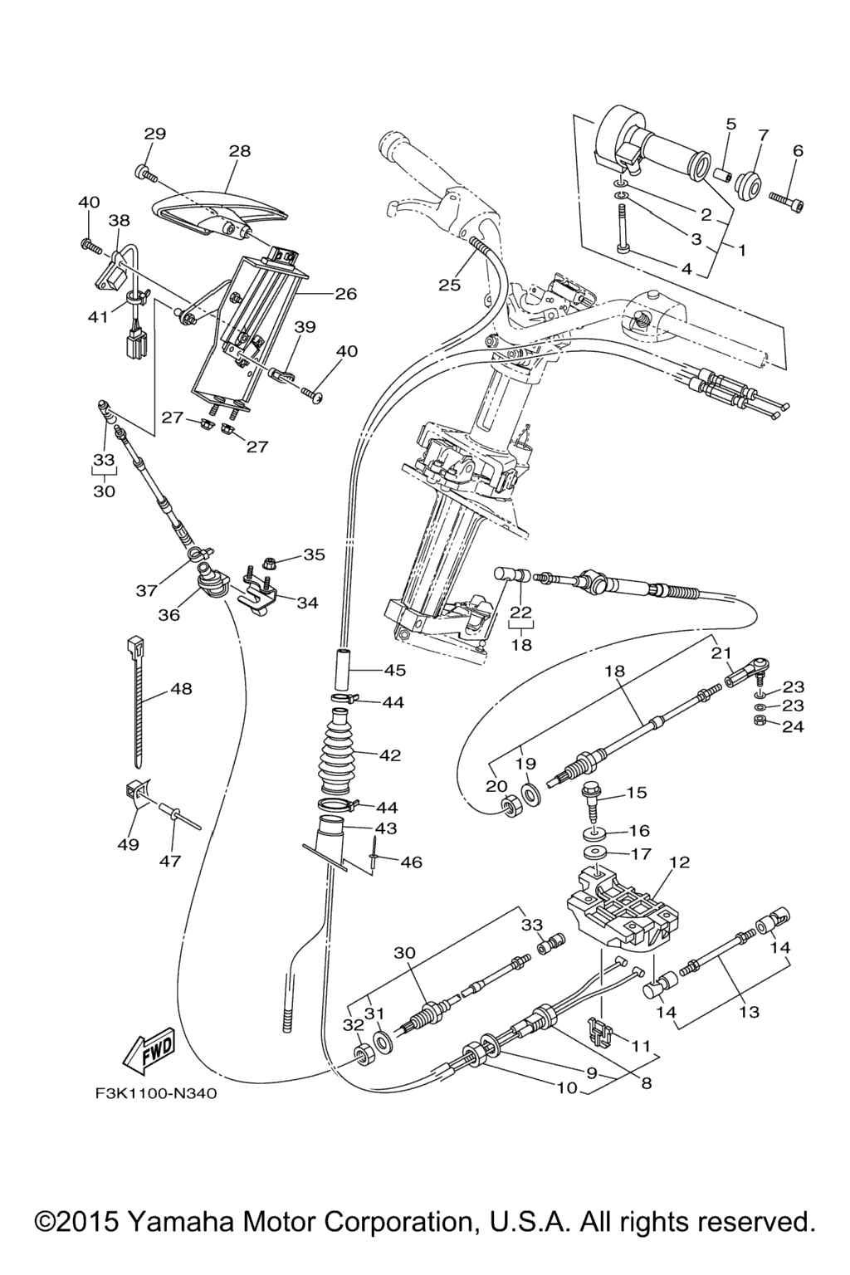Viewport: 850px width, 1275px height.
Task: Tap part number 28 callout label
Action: [240, 151]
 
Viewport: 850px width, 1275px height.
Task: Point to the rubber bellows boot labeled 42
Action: [347, 755]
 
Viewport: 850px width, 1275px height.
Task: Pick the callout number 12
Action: [680, 862]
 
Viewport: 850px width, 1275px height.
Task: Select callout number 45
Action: [394, 669]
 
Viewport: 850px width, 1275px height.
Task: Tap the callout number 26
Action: [345, 293]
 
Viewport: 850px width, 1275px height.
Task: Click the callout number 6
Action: [799, 150]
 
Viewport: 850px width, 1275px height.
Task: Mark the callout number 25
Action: [449, 285]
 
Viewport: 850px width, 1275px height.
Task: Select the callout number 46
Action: [411, 862]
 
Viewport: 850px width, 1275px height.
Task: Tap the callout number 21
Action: [721, 652]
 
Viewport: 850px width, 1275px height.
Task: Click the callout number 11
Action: [641, 1047]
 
